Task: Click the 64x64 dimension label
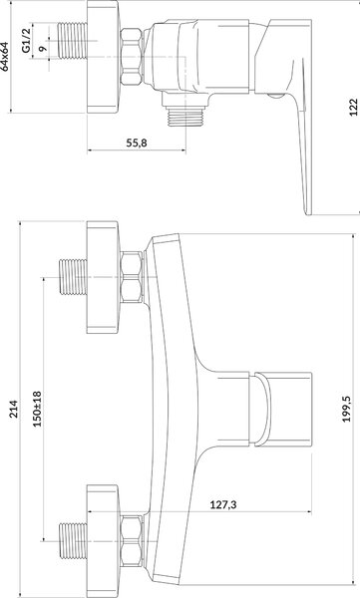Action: (x=5, y=57)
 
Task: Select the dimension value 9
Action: (x=42, y=49)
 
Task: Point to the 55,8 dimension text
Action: (x=137, y=143)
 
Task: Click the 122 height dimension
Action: (x=353, y=108)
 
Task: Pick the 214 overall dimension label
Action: (x=14, y=409)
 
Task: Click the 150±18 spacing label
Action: (x=37, y=410)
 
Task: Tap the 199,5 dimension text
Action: (x=346, y=409)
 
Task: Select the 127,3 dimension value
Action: (x=223, y=505)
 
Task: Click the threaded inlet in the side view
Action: (x=72, y=41)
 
